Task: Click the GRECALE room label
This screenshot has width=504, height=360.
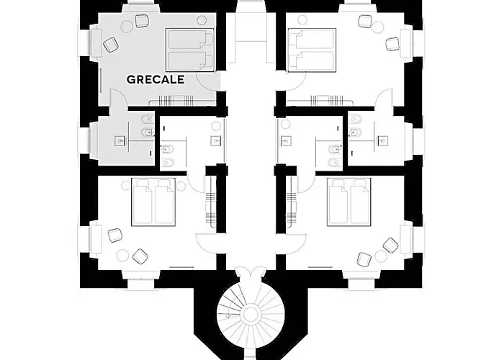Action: pos(156,79)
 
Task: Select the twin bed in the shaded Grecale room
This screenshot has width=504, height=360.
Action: pos(190,50)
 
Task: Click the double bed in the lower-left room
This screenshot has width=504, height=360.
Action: pos(153,202)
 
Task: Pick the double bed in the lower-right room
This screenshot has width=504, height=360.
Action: pos(349,202)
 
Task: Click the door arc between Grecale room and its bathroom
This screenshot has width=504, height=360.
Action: pos(117,96)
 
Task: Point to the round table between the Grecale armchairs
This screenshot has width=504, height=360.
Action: pos(126,26)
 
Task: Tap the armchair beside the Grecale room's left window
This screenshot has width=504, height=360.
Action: pos(110,45)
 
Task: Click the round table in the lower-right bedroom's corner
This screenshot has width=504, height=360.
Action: pos(381,256)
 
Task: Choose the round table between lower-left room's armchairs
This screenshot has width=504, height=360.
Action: pos(122,255)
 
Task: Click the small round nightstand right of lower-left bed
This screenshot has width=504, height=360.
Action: pos(181,186)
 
